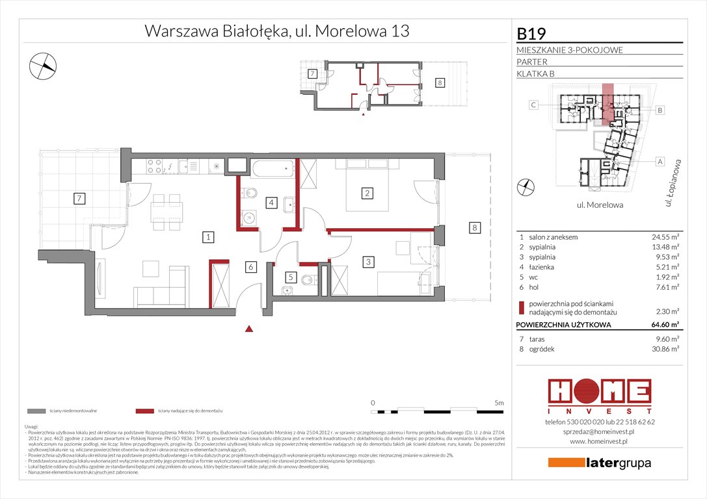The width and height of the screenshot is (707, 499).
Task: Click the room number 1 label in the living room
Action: (x=207, y=237)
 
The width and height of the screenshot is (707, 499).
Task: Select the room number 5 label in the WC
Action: (x=291, y=277)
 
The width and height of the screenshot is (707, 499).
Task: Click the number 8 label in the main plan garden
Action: (x=475, y=227)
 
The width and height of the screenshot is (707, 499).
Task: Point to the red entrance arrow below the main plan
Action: (x=248, y=330)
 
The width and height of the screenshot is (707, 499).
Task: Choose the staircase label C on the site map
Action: (x=533, y=105)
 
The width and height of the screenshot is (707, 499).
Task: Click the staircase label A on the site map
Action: (x=660, y=160)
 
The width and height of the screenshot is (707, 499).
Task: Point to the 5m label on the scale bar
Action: (x=498, y=403)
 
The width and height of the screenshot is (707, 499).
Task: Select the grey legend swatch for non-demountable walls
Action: (x=36, y=411)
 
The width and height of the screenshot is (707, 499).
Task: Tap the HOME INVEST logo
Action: (x=599, y=394)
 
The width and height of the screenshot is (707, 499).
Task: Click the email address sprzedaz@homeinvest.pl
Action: (x=599, y=431)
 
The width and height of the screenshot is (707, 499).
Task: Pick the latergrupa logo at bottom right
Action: (x=599, y=463)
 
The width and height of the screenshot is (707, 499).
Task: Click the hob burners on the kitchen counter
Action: (x=152, y=168)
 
